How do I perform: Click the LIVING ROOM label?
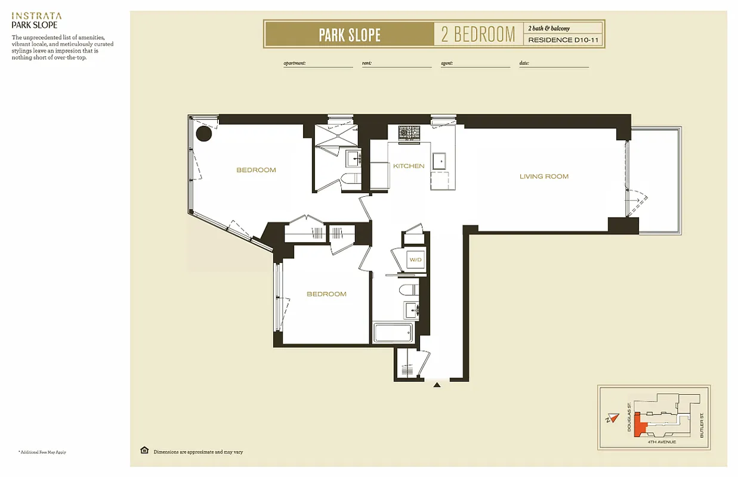[544, 176]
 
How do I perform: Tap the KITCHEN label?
[409, 166]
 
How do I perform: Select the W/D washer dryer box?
[415, 260]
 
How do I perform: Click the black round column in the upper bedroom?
[204, 134]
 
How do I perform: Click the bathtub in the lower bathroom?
[392, 333]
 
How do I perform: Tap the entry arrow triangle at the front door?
[437, 385]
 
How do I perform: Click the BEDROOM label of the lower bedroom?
[326, 294]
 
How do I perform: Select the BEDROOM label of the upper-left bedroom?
[256, 170]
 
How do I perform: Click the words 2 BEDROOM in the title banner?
[478, 34]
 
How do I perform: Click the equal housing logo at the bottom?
[144, 451]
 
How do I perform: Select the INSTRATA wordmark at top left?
[36, 16]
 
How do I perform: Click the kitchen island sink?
[439, 161]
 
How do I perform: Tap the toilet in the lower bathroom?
[408, 290]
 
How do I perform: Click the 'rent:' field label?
[367, 63]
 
